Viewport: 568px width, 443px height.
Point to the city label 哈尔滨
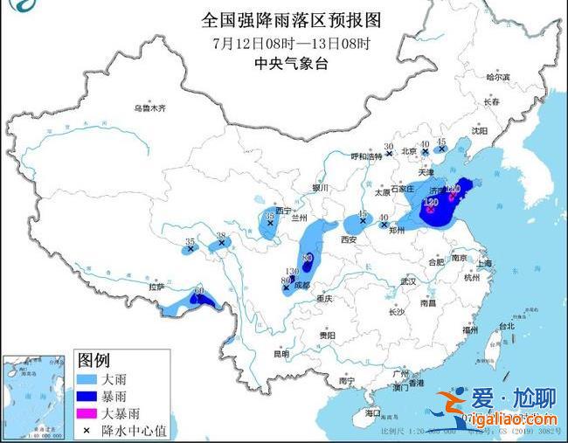(x=496, y=77)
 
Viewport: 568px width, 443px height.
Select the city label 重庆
(x=326, y=298)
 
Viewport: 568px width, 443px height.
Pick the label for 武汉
(x=407, y=280)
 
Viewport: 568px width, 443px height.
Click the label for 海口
(x=373, y=412)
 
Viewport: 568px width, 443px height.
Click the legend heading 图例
(x=94, y=360)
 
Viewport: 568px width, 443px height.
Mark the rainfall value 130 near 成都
(x=293, y=272)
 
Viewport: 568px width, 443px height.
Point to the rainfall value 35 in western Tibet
(x=190, y=241)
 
